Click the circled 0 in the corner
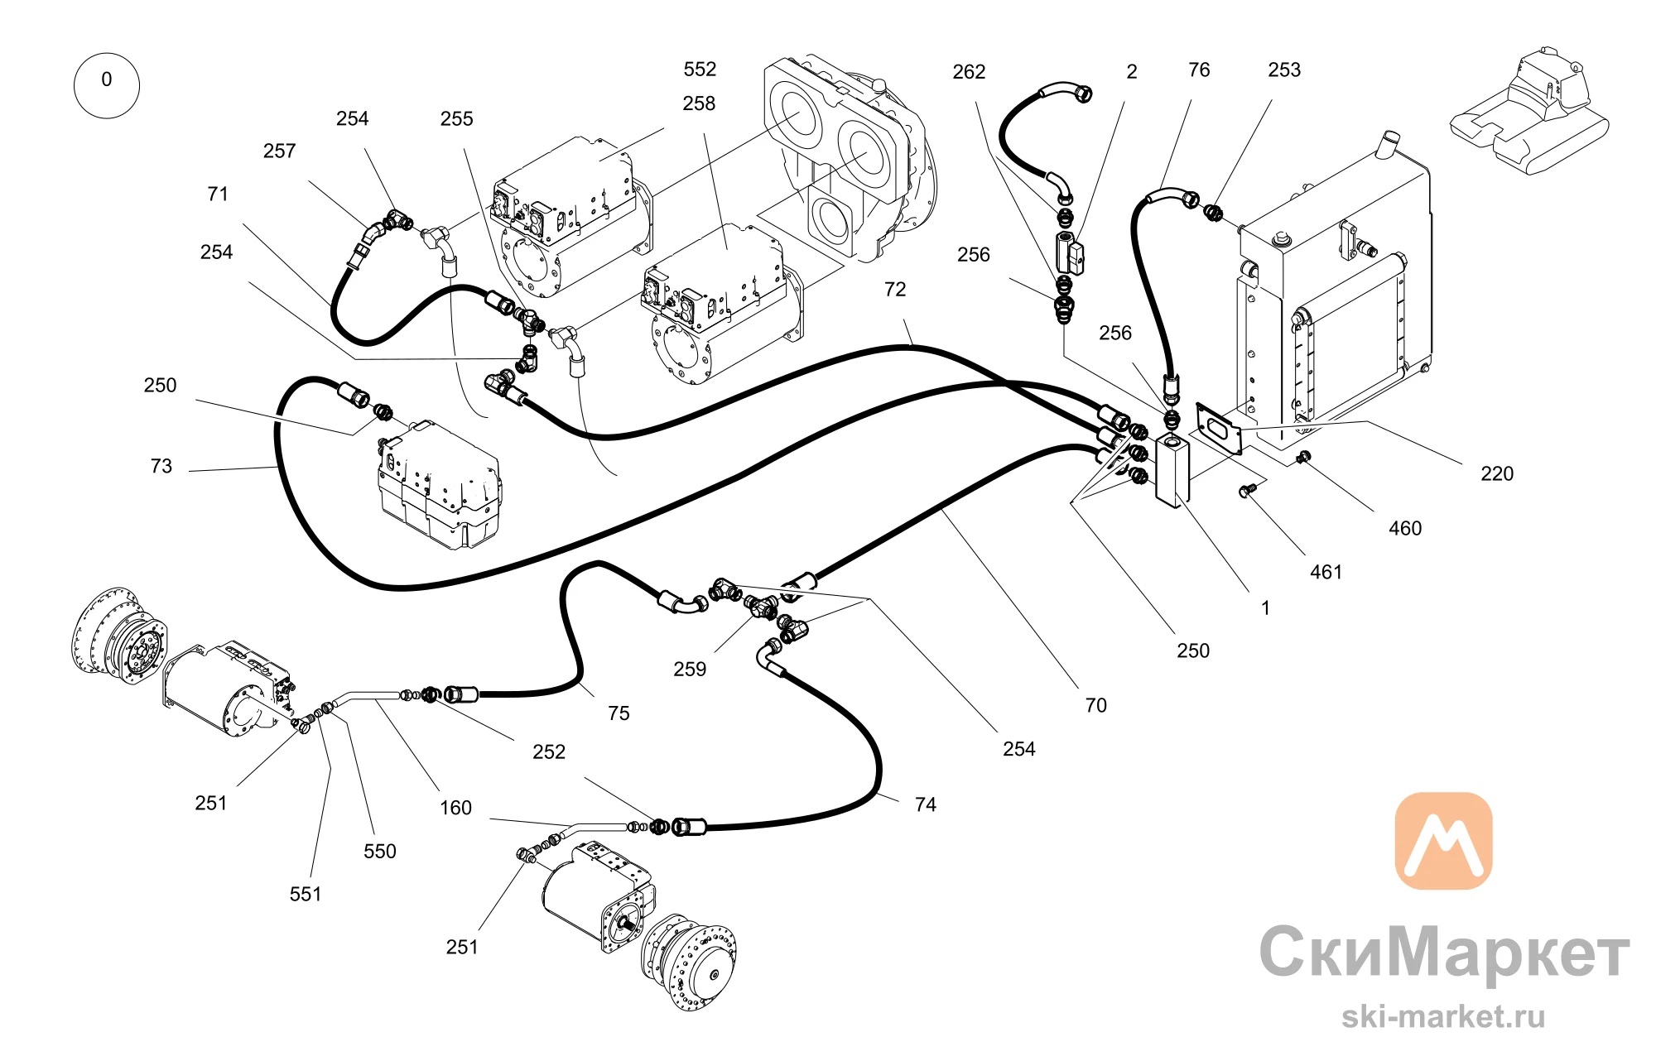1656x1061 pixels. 107,85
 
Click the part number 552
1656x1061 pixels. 700,70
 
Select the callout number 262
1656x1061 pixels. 969,72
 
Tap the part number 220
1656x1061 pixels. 1497,473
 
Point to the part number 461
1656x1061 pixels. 1326,572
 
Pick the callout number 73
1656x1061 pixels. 161,466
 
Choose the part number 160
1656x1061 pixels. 455,808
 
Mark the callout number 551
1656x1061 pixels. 306,894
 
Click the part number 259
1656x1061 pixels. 690,669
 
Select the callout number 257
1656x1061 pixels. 280,151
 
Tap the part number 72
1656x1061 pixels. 895,289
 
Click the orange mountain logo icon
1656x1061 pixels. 1443,841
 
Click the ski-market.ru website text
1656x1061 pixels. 1443,1016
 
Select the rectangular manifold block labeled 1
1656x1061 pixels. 1172,470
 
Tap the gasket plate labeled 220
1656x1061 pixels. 1220,429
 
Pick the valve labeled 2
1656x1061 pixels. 1070,253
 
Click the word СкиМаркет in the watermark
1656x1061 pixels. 1444,953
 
